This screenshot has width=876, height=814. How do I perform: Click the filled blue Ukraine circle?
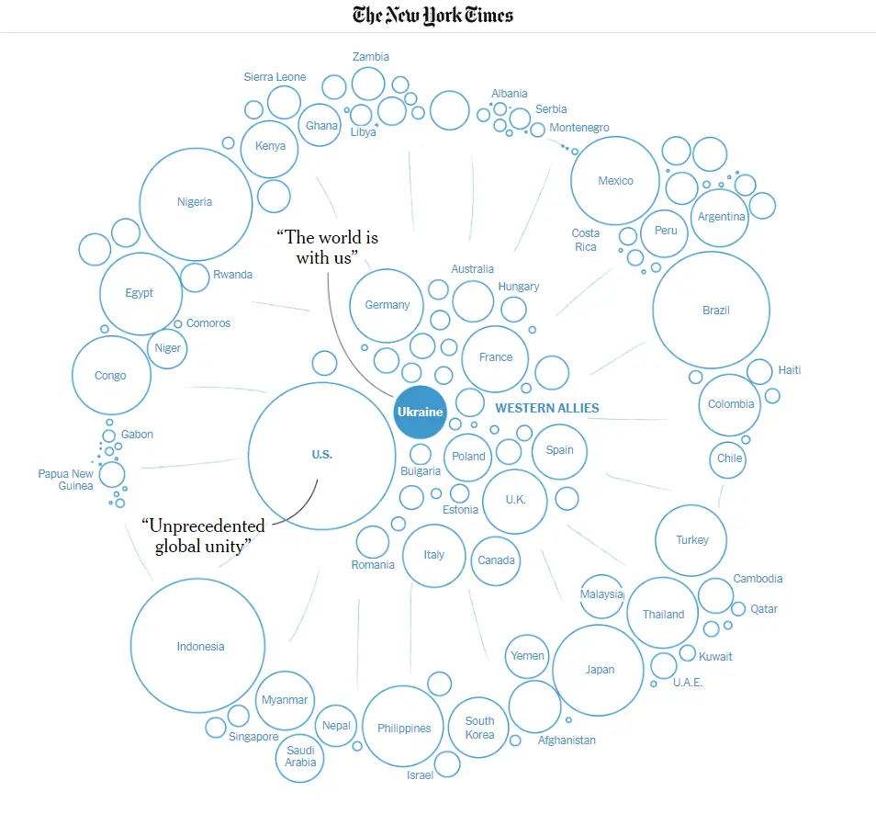pyautogui.click(x=420, y=411)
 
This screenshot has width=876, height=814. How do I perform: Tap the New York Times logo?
pyautogui.click(x=433, y=15)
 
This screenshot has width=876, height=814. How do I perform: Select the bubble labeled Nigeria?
pyautogui.click(x=195, y=203)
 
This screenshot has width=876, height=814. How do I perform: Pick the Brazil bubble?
pyautogui.click(x=711, y=311)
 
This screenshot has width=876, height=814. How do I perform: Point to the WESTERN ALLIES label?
pyautogui.click(x=546, y=408)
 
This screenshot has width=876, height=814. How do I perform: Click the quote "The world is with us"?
pyautogui.click(x=327, y=248)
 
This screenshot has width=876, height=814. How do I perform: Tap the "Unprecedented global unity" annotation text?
pyautogui.click(x=203, y=536)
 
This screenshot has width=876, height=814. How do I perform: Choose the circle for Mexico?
pyautogui.click(x=615, y=181)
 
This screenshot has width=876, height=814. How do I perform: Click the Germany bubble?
pyautogui.click(x=387, y=305)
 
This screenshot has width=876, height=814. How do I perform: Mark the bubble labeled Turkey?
pyautogui.click(x=691, y=540)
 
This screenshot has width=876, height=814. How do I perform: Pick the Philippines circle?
pyautogui.click(x=404, y=727)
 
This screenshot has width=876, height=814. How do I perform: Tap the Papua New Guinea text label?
pyautogui.click(x=65, y=480)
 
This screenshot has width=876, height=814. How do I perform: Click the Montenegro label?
pyautogui.click(x=579, y=128)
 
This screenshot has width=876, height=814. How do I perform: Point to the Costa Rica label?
pyautogui.click(x=585, y=240)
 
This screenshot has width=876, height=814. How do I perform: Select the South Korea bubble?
pyautogui.click(x=478, y=727)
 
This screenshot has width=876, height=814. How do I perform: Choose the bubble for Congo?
pyautogui.click(x=110, y=375)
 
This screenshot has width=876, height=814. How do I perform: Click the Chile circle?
pyautogui.click(x=729, y=458)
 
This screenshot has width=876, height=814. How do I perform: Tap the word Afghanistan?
pyautogui.click(x=567, y=741)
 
